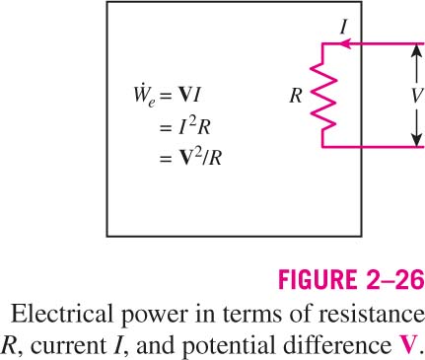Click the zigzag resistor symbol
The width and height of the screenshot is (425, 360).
coord(323,96)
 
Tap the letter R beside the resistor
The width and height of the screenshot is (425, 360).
coord(296,96)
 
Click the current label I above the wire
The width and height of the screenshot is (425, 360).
coord(343,27)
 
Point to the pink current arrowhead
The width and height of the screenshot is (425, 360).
coord(344,43)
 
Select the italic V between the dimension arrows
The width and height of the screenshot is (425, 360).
coord(416,96)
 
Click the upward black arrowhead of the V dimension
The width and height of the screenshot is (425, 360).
coord(416,51)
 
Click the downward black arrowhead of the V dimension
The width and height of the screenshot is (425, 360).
coord(416,139)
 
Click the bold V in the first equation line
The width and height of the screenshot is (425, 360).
coord(183,96)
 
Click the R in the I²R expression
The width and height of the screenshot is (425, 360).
coord(204,127)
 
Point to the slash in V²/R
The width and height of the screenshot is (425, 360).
coord(205,158)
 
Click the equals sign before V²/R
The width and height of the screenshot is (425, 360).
coord(166,159)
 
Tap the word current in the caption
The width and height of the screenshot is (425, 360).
coord(69,347)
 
